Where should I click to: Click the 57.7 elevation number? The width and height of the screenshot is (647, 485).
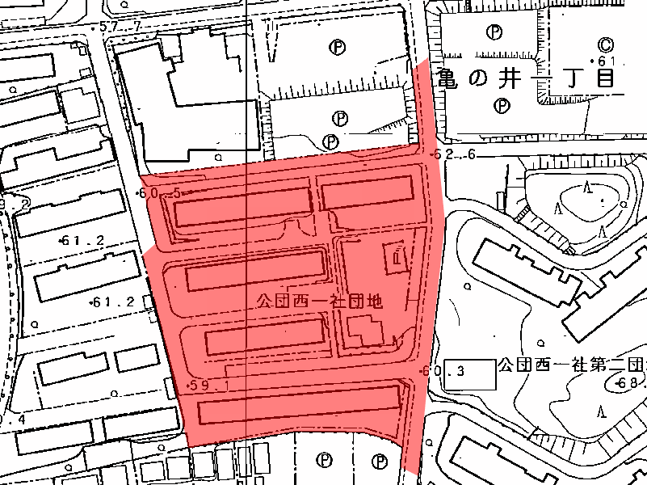pos(123,27)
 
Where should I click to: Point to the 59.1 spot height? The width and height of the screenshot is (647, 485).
pos(211,386)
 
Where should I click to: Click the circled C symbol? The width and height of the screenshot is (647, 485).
pos(606,44)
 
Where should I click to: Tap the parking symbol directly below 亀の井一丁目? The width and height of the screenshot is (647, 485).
pos(502,105)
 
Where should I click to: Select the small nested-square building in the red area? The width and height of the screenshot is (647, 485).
pos(397,257)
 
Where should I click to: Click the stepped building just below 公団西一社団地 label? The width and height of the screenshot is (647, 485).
pos(366,331)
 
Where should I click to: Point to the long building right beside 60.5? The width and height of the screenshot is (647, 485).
pos(242,207)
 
